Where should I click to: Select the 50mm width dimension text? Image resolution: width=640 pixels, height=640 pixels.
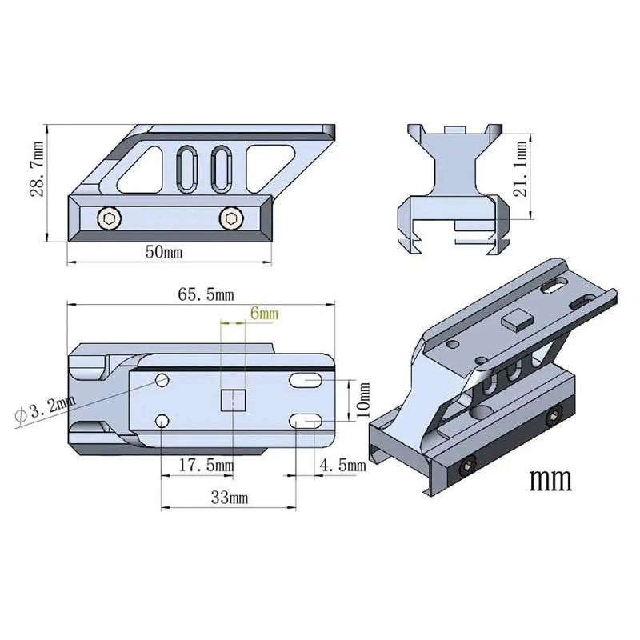[x=164, y=252]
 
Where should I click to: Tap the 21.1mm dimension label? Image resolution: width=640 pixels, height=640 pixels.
[x=521, y=174]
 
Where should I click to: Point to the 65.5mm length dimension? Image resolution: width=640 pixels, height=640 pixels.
[x=206, y=294]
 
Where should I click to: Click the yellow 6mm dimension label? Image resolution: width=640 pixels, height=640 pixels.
[x=263, y=314]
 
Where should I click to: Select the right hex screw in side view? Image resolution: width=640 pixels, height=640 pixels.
[x=232, y=218]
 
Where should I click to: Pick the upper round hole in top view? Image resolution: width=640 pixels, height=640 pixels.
[x=162, y=378]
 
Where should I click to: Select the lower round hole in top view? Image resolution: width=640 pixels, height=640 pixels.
[x=162, y=420]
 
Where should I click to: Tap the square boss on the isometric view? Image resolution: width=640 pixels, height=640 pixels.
[x=516, y=320]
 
